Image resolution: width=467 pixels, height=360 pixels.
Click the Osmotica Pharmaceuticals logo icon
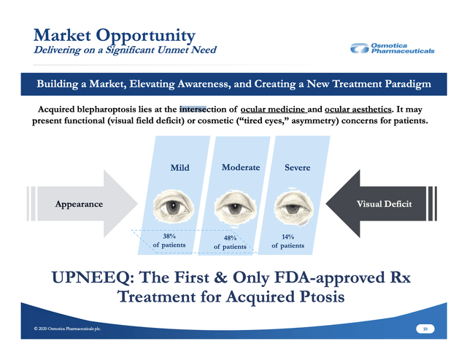pos(359,48)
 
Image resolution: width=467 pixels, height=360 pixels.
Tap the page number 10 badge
pos(425,329)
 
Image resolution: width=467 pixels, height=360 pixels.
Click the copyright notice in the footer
pos(67,329)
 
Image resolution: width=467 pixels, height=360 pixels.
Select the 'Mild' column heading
pos(180,167)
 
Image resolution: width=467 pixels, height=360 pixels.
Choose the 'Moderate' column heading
pos(241,167)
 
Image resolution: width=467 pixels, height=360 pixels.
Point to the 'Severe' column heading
pos(297,167)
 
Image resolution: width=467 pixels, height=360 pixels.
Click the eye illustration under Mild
pos(174,206)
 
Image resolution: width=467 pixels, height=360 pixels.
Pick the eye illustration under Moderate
pos(234,207)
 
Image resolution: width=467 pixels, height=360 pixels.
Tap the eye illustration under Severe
pos(293,207)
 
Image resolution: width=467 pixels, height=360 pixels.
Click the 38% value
pos(169,237)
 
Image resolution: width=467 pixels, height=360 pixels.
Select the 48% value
pos(230,238)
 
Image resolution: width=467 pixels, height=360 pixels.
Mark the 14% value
pos(287,237)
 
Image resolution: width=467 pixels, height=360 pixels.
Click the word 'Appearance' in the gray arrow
pos(79,204)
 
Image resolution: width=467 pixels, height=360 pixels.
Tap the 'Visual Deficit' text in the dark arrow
pos(385,204)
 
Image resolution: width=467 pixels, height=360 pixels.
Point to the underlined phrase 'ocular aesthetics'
pos(358,110)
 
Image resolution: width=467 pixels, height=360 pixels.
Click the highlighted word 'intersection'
pos(203,110)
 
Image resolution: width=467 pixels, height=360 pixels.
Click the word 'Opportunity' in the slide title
pos(146,36)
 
